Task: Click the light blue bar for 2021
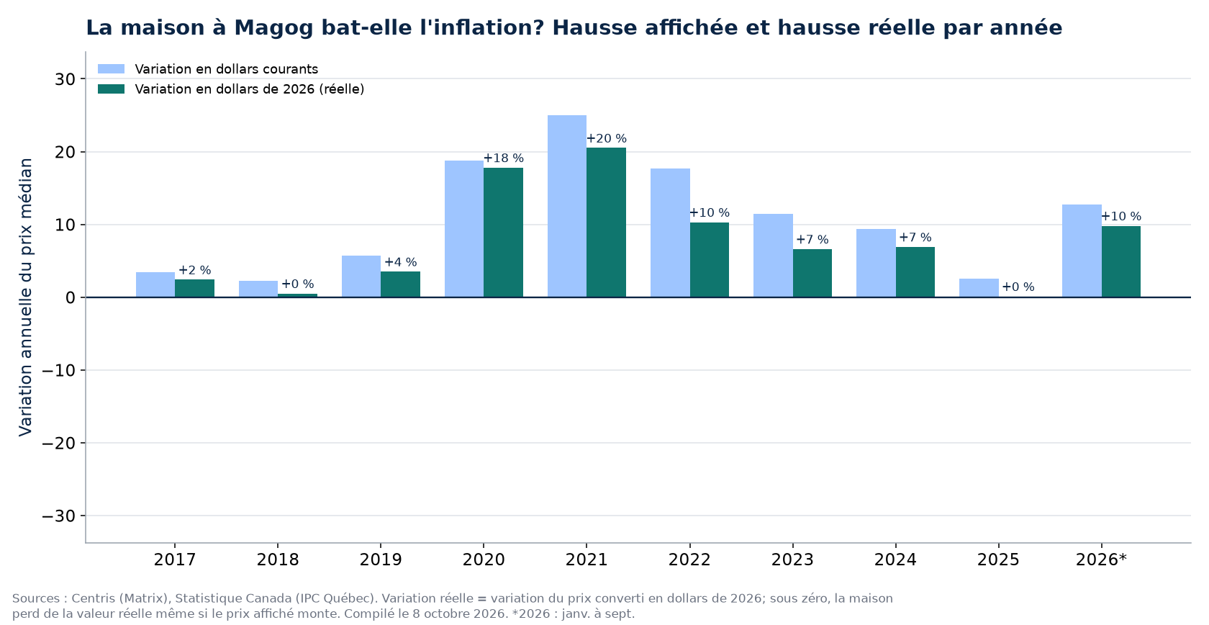(567, 206)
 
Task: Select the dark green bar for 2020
(503, 233)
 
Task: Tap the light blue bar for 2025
(979, 288)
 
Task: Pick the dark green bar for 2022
(710, 260)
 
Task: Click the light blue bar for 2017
(155, 284)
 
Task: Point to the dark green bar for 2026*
(1121, 261)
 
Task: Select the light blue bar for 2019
(361, 276)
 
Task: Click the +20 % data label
(607, 139)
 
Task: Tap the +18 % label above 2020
(504, 158)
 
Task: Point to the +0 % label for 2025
(1018, 287)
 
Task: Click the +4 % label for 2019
(400, 263)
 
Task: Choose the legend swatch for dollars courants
(111, 69)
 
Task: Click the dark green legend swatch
(111, 89)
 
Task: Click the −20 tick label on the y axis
(58, 444)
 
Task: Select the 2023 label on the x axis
(792, 559)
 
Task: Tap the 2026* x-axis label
(1101, 559)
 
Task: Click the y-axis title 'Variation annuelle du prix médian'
(25, 297)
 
